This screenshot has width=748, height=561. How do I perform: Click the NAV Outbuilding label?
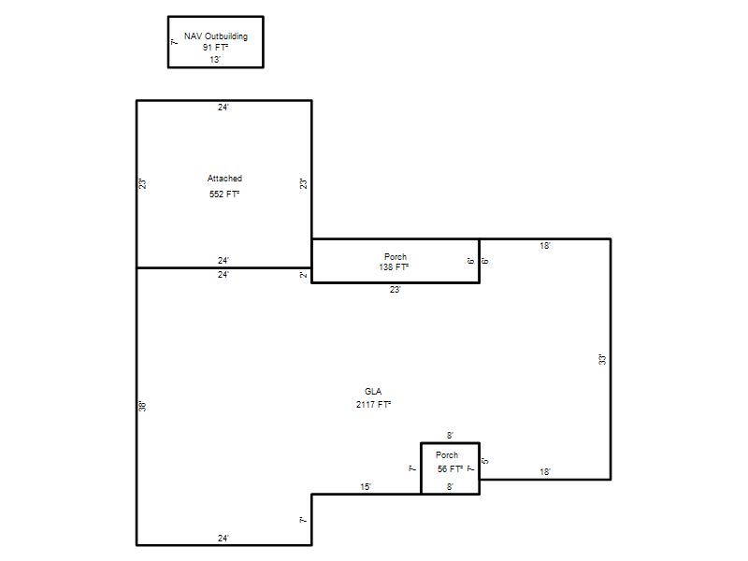(216, 36)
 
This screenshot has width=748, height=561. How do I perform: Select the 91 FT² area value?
(215, 48)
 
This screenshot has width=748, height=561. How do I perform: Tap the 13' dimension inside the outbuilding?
(215, 60)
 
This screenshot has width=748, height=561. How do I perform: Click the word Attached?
(224, 179)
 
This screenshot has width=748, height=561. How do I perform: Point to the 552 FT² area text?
(224, 194)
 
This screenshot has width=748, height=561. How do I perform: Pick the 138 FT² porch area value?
(394, 267)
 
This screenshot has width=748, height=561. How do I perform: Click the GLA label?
(373, 392)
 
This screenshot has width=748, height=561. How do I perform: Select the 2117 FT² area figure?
(373, 405)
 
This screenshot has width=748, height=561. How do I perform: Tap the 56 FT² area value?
(450, 469)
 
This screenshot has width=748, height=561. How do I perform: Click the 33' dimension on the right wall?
(602, 360)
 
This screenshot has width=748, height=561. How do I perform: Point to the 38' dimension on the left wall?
(142, 407)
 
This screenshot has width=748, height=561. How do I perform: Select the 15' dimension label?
(366, 487)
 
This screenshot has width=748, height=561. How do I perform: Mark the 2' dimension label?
(303, 275)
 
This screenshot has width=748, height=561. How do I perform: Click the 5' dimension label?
(485, 461)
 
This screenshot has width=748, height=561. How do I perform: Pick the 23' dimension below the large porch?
(395, 290)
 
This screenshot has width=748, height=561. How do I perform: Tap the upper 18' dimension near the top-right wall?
(545, 246)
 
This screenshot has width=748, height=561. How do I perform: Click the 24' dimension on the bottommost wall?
(223, 539)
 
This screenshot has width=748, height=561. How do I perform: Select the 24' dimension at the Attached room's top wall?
(223, 108)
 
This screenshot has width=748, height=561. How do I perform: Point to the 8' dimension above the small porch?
(450, 436)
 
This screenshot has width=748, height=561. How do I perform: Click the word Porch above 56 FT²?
(447, 455)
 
